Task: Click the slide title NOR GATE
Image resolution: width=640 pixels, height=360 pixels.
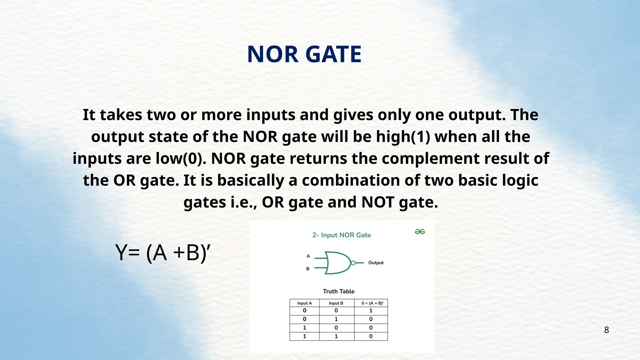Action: (304, 54)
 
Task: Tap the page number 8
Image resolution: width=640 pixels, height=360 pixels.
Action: (606, 330)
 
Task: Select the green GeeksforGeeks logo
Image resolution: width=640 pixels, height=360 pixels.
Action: (420, 232)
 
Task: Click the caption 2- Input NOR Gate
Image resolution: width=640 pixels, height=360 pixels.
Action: (342, 235)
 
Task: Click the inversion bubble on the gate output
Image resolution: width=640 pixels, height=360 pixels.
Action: (353, 263)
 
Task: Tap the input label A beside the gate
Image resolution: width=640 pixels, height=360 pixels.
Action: (308, 256)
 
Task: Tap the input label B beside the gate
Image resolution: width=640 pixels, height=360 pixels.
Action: (308, 269)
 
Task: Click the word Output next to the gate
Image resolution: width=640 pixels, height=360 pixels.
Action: (376, 263)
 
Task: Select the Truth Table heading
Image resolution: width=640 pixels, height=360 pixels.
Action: (338, 291)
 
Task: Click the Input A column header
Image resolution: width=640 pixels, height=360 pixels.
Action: (304, 303)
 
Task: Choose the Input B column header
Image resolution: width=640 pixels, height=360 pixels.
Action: (336, 303)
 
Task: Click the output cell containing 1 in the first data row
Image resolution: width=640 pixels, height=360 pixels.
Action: (371, 311)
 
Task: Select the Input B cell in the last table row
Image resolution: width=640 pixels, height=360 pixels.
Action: (336, 336)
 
